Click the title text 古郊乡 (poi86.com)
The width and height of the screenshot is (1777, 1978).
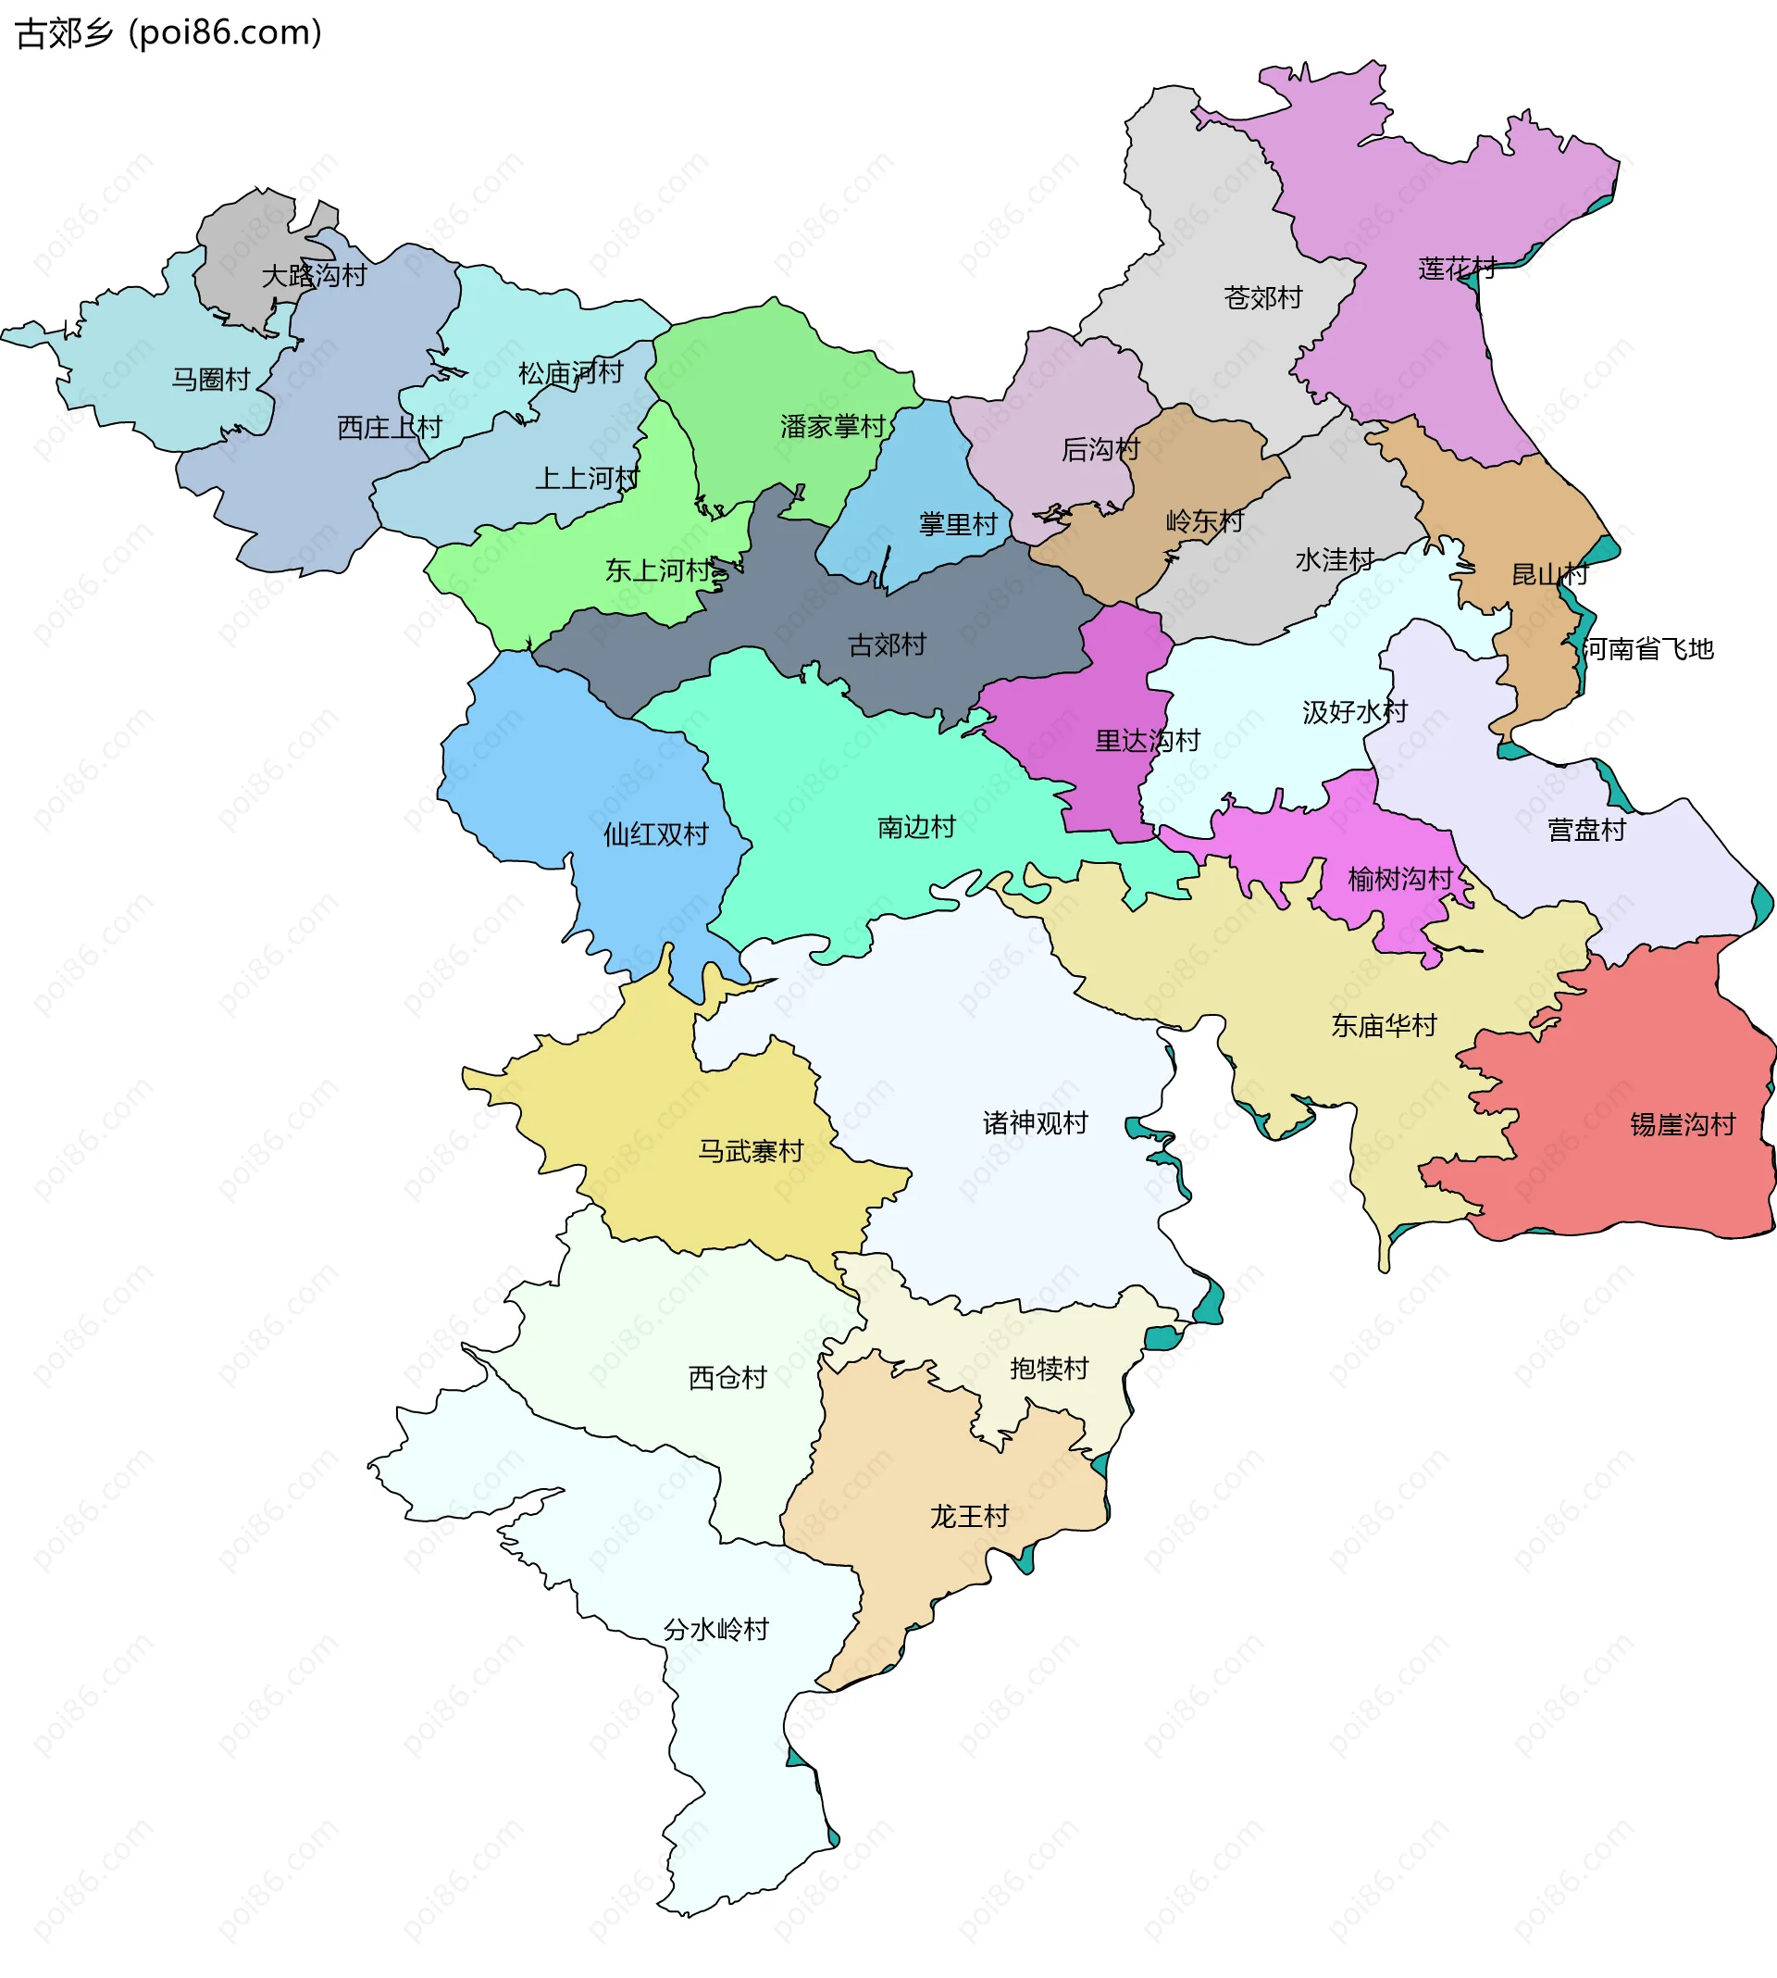click(x=168, y=33)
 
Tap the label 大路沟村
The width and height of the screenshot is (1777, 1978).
click(x=314, y=275)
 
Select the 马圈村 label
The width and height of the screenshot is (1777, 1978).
click(x=211, y=379)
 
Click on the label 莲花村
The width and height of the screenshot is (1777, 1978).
click(x=1457, y=268)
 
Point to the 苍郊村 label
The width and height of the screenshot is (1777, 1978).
click(x=1262, y=297)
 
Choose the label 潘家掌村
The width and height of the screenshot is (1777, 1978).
click(x=832, y=426)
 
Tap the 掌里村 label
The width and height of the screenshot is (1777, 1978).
click(x=958, y=524)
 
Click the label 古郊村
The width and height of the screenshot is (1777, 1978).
click(x=887, y=645)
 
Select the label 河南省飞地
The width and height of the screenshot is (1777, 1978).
click(x=1648, y=648)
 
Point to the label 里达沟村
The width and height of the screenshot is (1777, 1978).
click(x=1148, y=741)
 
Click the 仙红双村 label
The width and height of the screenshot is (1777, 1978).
click(x=655, y=834)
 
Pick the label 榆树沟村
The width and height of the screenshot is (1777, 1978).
click(x=1400, y=879)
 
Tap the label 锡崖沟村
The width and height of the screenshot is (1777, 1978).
click(x=1683, y=1124)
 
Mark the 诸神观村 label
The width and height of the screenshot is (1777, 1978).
click(x=1035, y=1122)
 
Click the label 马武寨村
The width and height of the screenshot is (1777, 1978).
click(x=750, y=1151)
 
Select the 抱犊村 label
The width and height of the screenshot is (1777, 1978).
click(x=1049, y=1369)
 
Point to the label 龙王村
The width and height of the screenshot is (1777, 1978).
click(x=969, y=1516)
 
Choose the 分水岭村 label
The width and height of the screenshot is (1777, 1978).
click(x=715, y=1629)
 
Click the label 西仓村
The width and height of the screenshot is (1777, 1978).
click(x=727, y=1377)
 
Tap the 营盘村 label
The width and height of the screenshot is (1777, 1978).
click(x=1586, y=830)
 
